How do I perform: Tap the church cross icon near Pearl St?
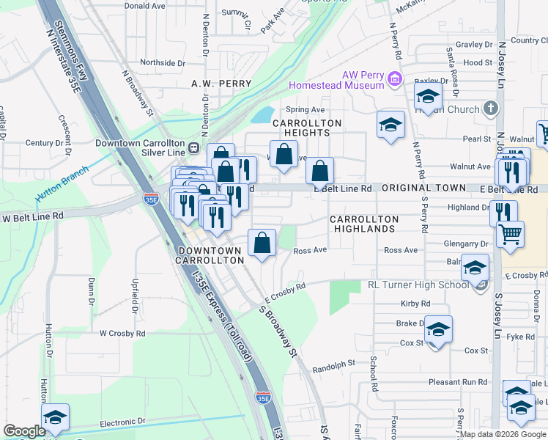491,109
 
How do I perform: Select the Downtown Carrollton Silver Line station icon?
194,147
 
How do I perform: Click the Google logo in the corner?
23,431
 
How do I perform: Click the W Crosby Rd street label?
122,333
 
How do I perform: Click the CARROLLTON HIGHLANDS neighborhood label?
364,224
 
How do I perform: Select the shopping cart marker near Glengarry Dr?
510,235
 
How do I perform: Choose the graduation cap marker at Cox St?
438,330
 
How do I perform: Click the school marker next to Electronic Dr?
55,418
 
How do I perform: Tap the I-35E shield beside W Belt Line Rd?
150,197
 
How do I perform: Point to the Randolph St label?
334,363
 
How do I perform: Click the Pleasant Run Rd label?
458,382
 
